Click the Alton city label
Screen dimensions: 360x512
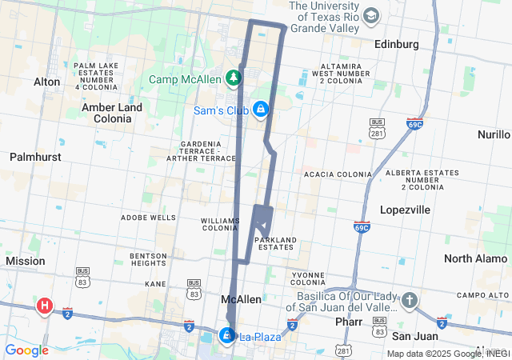[46, 82]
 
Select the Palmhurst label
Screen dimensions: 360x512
[35, 157]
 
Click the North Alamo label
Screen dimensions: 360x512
[475, 258]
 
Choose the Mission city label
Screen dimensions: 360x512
[26, 261]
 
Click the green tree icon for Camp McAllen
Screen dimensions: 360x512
[233, 78]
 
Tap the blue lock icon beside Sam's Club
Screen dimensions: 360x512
[260, 109]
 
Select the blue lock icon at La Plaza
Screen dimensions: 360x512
[228, 335]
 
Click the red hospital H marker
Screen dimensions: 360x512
[45, 305]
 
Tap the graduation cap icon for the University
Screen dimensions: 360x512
[371, 16]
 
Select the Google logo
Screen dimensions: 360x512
[26, 350]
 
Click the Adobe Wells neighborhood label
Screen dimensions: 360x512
[148, 217]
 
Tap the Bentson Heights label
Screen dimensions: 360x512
[147, 258]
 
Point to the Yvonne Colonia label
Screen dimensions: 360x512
[308, 278]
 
